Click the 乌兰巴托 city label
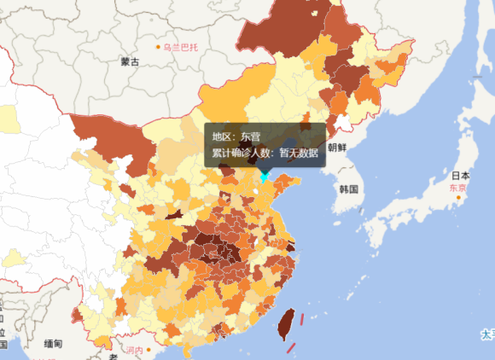click(181, 46)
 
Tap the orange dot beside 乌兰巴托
click(158, 46)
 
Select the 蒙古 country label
click(130, 61)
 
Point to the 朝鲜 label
click(336, 148)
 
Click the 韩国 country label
click(347, 188)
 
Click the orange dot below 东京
click(458, 198)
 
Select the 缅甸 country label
click(52, 344)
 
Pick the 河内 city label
click(134, 350)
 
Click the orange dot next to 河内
click(149, 350)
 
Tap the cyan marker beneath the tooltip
click(265, 177)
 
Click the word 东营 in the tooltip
click(251, 136)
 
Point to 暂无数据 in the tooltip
click(299, 154)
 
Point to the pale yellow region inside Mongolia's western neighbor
click(9, 119)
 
